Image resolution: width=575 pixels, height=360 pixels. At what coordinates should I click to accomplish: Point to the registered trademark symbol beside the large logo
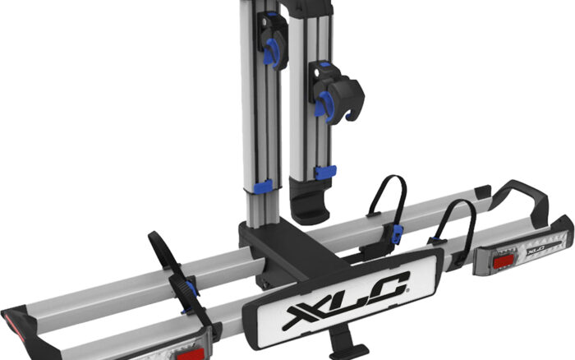[x=408, y=290]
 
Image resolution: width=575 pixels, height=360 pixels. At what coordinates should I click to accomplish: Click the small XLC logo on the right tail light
[x=536, y=251]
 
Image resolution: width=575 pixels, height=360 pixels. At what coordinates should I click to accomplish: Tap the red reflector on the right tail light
[x=504, y=262]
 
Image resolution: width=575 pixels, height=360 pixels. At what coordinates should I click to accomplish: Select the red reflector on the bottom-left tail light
[x=191, y=355]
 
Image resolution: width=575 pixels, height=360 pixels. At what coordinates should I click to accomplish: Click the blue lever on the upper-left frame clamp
[x=273, y=53]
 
